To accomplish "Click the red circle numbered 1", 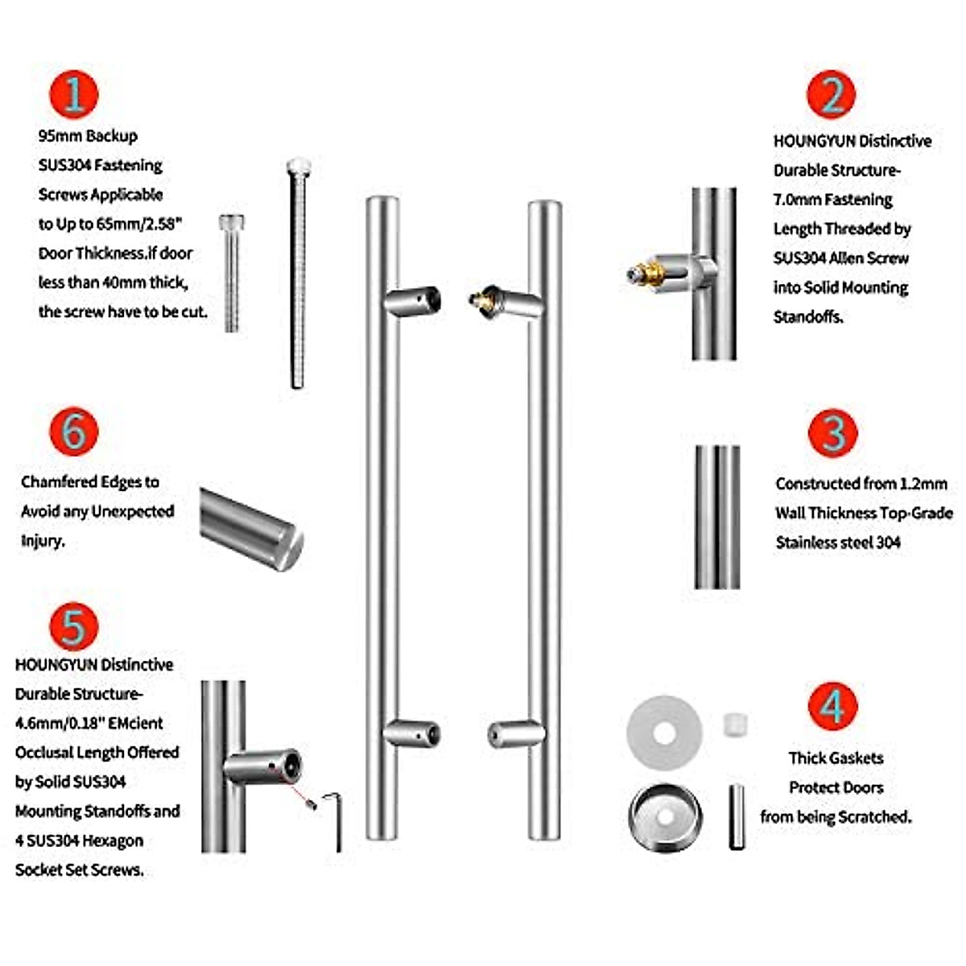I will (x=73, y=94).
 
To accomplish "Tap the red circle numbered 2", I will (x=832, y=94).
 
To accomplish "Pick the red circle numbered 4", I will (x=832, y=706).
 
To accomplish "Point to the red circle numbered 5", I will (x=73, y=626).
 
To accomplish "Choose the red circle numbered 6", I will (x=73, y=431).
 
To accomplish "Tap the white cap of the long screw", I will (x=298, y=166).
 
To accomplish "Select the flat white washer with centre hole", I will (x=664, y=733).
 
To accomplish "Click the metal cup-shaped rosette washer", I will (x=665, y=815).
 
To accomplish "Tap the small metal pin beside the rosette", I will (x=737, y=816).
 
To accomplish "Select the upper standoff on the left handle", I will (x=411, y=301).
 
